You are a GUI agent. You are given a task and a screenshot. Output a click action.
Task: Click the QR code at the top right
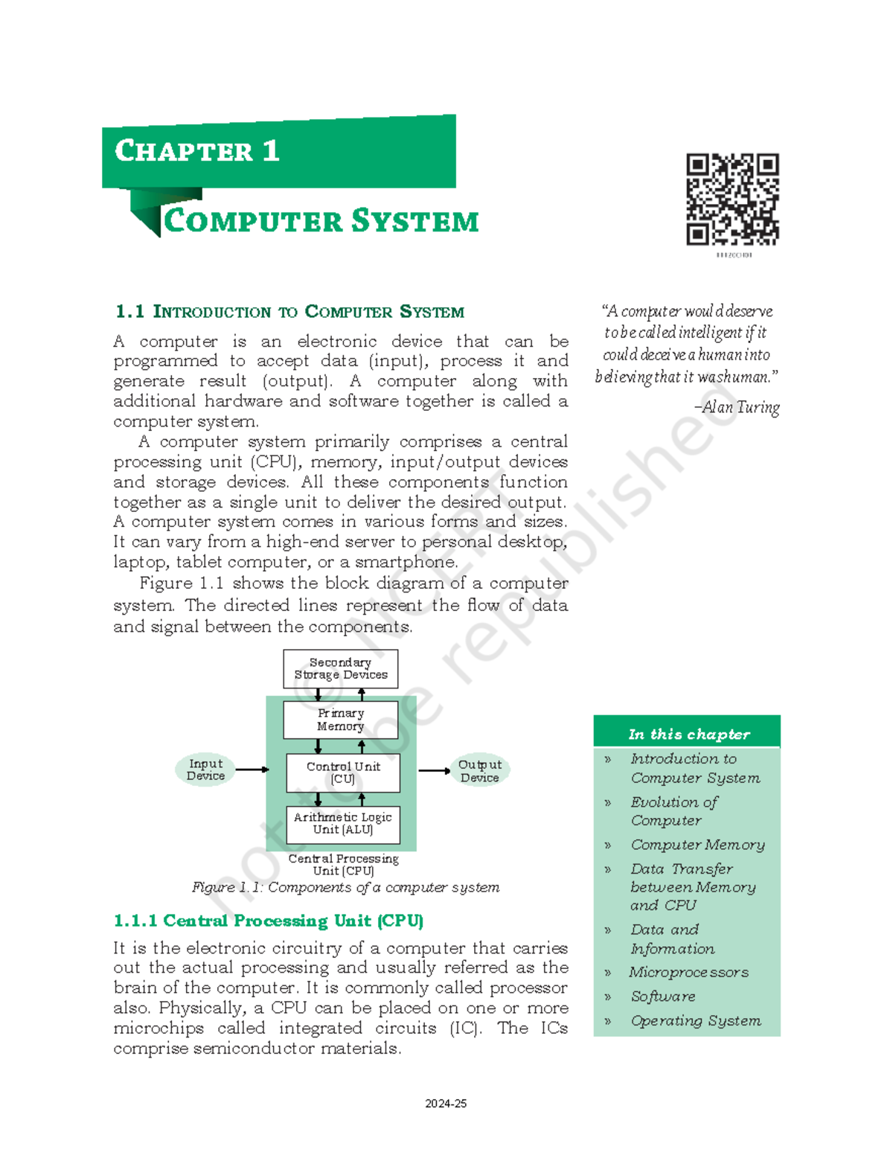[x=732, y=199]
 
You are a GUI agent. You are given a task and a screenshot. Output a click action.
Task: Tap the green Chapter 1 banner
[x=279, y=152]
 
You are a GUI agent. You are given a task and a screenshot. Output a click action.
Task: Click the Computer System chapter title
[x=321, y=221]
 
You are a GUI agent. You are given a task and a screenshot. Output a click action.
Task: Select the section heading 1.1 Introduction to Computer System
[x=289, y=312]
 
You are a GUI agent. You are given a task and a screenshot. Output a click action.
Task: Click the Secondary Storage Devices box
[x=341, y=668]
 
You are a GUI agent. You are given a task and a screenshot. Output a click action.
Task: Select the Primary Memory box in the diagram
[x=341, y=720]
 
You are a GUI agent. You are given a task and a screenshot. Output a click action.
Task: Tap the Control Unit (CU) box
[x=343, y=773]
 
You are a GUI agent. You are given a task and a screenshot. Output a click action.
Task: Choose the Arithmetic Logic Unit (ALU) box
[x=343, y=824]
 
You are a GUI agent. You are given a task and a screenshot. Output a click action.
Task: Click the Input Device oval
[x=205, y=770]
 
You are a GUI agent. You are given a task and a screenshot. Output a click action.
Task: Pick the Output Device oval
[x=480, y=771]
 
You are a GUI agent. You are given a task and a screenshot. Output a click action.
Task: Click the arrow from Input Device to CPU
[x=252, y=770]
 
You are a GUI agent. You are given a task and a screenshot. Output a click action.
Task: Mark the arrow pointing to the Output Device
[x=434, y=771]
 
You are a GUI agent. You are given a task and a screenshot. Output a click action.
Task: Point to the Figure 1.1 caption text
[x=345, y=887]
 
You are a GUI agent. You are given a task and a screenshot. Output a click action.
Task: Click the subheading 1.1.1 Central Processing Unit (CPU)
[x=269, y=921]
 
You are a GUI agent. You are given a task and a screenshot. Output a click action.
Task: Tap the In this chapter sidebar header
[x=688, y=734]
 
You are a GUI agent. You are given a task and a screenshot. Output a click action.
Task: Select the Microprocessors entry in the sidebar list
[x=689, y=972]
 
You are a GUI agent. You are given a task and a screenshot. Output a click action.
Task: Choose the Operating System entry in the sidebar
[x=696, y=1020]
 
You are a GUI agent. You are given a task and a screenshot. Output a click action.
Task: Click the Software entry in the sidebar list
[x=663, y=997]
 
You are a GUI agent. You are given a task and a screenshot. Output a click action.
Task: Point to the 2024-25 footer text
[x=446, y=1104]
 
